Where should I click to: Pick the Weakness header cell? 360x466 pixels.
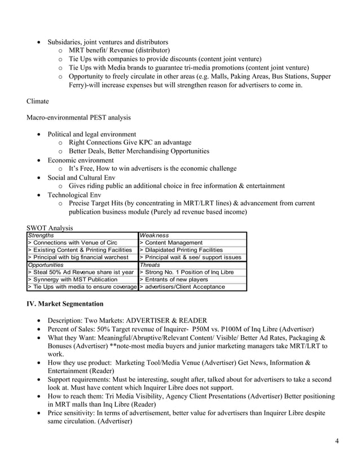pos(154,235)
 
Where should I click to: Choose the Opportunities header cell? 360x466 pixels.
pos(46,265)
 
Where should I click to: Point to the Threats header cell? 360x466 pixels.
pos(150,265)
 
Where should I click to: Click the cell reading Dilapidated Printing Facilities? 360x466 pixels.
pos(181,250)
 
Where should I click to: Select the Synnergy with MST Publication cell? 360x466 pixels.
pos(73,279)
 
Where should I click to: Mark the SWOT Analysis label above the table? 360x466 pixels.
pos(50,228)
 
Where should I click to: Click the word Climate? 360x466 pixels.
pos(38,102)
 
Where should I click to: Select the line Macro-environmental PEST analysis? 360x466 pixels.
pos(78,118)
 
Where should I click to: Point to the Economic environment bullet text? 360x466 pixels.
pos(80,160)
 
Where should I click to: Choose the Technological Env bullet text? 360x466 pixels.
pos(77,195)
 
